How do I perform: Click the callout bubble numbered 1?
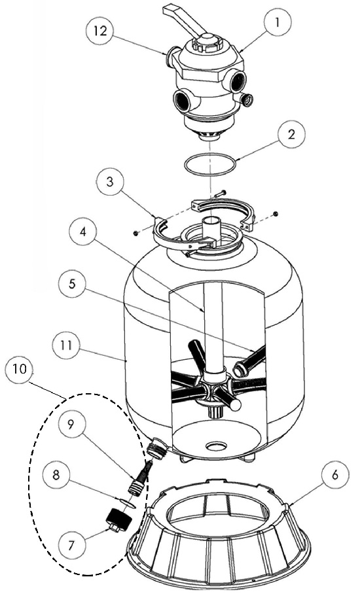pyautogui.click(x=278, y=23)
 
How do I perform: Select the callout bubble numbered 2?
pyautogui.click(x=291, y=135)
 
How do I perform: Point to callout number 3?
pyautogui.click(x=110, y=182)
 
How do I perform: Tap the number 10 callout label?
pyautogui.click(x=20, y=370)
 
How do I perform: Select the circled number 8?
pyautogui.click(x=56, y=476)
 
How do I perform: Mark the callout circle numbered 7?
pyautogui.click(x=71, y=546)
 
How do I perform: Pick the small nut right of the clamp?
pyautogui.click(x=276, y=213)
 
